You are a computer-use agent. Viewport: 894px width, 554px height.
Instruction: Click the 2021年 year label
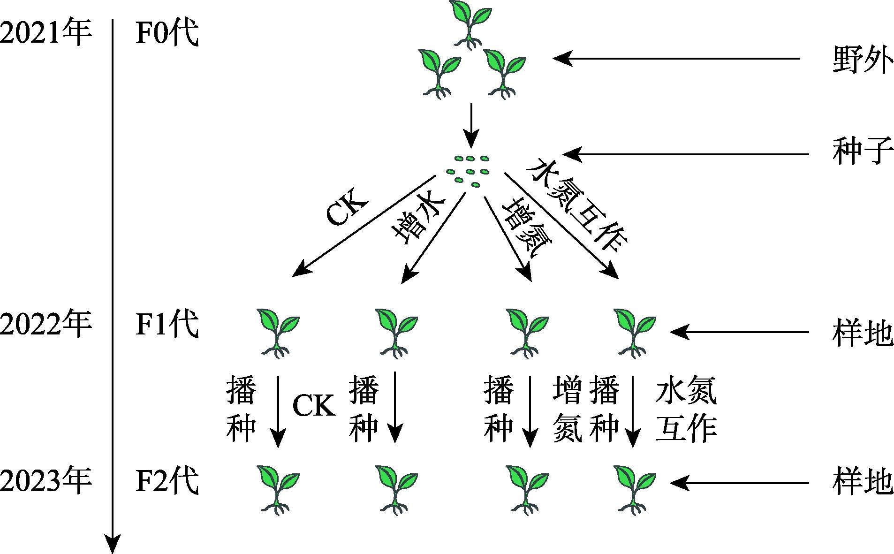pos(45,33)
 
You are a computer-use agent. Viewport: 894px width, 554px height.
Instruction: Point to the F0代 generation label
pos(167,33)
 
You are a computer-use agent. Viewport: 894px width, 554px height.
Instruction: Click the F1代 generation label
pos(167,324)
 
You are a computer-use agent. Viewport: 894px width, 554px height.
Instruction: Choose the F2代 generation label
pos(167,480)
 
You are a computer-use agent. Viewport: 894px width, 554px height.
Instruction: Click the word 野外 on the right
pos(862,60)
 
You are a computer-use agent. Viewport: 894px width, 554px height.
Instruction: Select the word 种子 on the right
pos(862,152)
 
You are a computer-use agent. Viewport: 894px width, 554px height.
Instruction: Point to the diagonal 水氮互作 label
pos(576,207)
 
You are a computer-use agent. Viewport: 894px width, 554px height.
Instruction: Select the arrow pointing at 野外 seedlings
pos(675,59)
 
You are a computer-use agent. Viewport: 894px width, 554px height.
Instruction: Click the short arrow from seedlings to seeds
pos(471,125)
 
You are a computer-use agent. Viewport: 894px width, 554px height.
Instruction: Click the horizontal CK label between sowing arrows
pos(314,406)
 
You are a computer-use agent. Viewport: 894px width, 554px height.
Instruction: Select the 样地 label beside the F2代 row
pos(862,483)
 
